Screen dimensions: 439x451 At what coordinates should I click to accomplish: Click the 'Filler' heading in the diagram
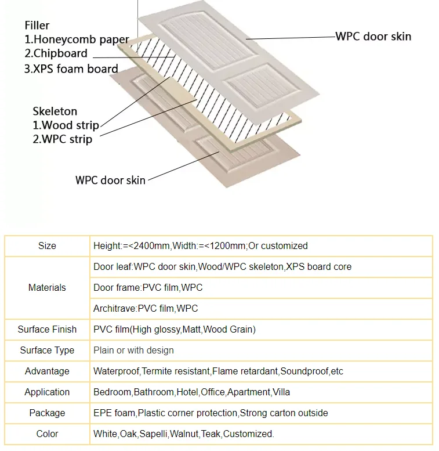[x=37, y=26]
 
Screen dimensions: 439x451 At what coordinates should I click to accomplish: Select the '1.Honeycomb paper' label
[x=77, y=40]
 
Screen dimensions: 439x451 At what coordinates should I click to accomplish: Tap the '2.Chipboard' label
[x=56, y=54]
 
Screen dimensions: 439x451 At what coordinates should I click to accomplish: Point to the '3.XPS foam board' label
[x=71, y=68]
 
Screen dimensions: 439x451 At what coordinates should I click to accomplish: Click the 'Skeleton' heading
[x=55, y=111]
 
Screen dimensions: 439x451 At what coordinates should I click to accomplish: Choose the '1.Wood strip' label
[x=66, y=125]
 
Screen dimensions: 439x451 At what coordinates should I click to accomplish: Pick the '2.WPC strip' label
[x=62, y=139]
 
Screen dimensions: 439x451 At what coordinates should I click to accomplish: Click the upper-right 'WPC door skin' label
[x=373, y=37]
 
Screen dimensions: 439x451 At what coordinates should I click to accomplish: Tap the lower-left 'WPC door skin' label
[x=110, y=180]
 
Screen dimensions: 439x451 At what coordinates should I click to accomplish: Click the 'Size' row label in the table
[x=47, y=246]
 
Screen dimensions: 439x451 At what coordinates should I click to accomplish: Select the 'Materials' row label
[x=47, y=288]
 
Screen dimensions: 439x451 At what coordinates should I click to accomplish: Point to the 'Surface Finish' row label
[x=47, y=330]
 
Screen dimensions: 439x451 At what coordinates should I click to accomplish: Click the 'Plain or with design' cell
[x=133, y=351]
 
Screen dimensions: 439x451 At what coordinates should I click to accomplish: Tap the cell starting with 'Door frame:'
[x=148, y=288]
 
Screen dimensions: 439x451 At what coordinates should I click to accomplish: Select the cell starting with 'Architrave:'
[x=146, y=309]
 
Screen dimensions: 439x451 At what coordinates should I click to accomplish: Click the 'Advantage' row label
[x=47, y=371]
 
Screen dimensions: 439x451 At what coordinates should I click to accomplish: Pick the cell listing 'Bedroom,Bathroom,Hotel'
[x=191, y=392]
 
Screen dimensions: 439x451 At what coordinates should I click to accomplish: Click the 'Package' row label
[x=47, y=413]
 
